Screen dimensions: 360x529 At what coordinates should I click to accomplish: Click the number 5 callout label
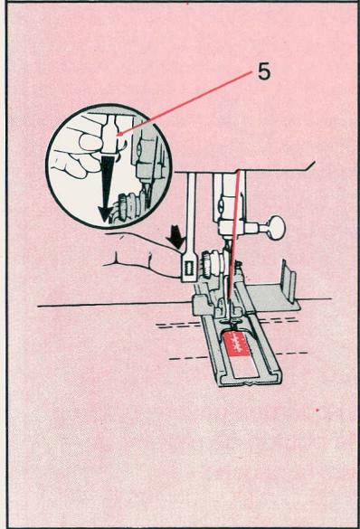[262, 72]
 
